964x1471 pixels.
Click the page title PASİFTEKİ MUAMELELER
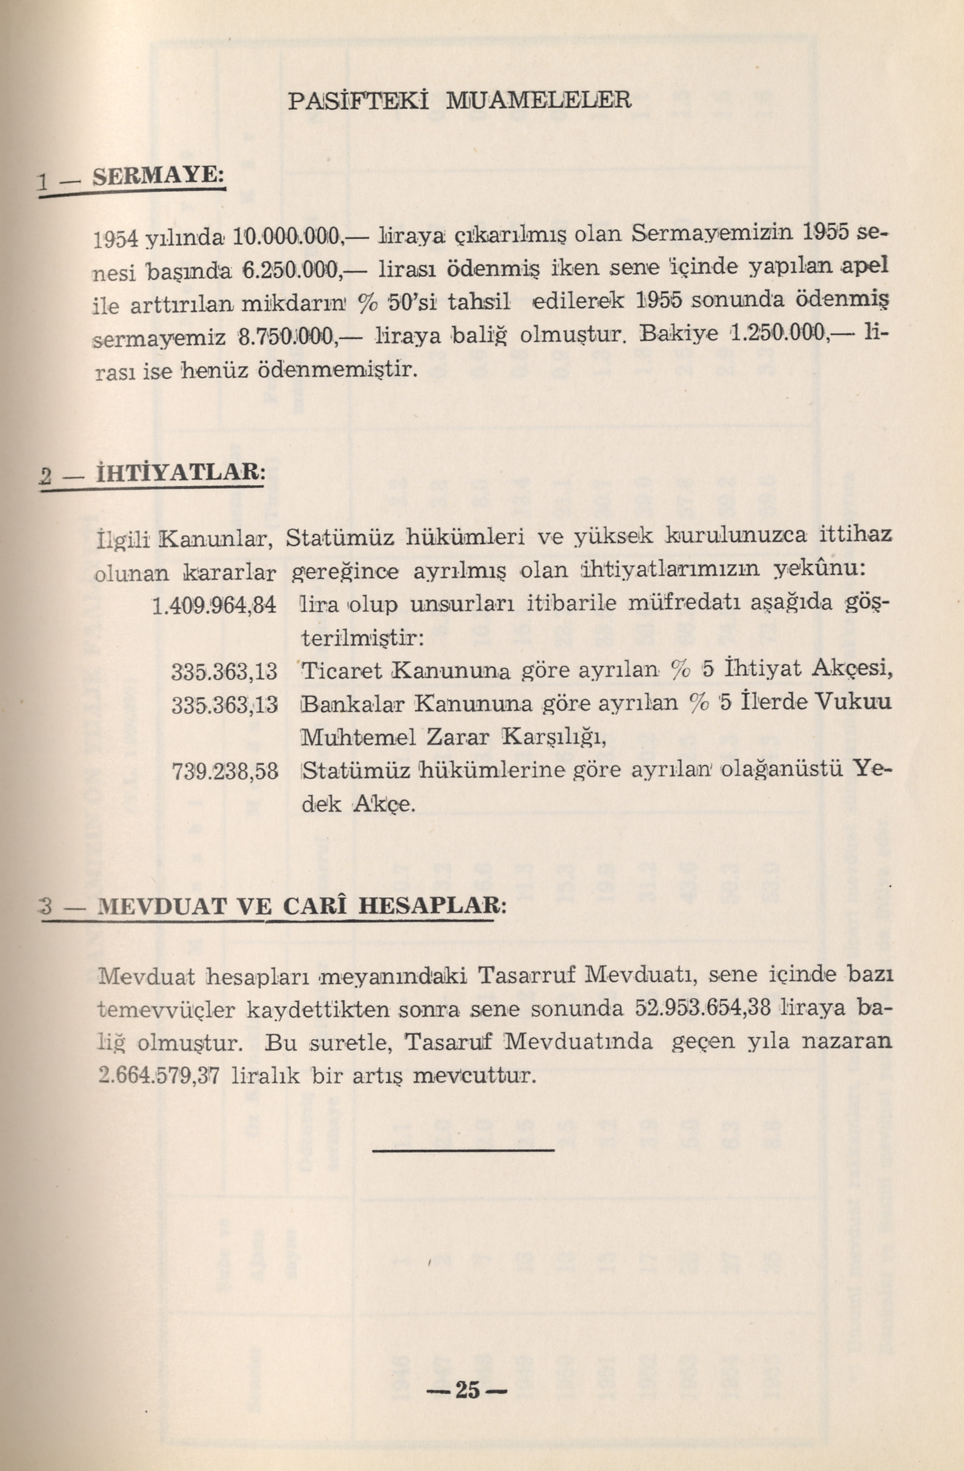[460, 99]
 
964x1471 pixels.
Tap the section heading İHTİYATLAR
[179, 474]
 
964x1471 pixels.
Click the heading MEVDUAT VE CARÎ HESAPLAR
[301, 906]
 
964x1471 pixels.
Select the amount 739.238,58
[224, 771]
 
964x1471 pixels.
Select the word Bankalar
[350, 704]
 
